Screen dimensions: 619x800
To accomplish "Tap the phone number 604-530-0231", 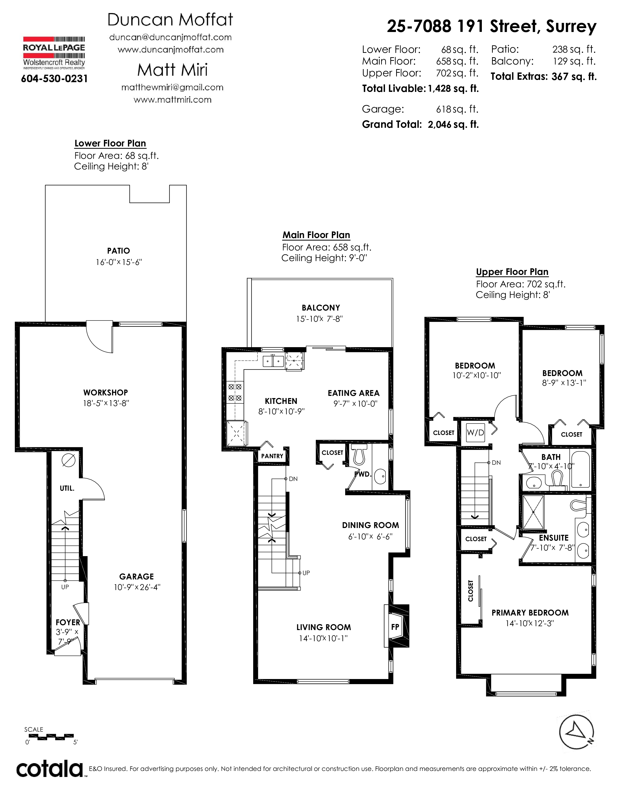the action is click(54, 79).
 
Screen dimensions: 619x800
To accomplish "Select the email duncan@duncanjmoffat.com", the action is click(170, 37).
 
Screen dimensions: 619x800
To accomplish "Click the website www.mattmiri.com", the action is click(172, 100).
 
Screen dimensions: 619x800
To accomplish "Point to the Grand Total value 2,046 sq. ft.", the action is click(453, 125).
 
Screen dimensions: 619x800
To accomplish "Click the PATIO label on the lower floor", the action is click(118, 251).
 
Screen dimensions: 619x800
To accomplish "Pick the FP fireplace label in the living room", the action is click(395, 627).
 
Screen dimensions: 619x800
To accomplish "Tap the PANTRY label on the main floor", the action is click(272, 456).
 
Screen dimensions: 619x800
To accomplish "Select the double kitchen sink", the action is click(273, 361).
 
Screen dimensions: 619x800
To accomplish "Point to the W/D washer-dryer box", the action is click(475, 432).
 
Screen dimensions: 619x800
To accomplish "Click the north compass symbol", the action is click(576, 733).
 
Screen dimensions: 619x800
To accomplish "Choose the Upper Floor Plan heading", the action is click(512, 272).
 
